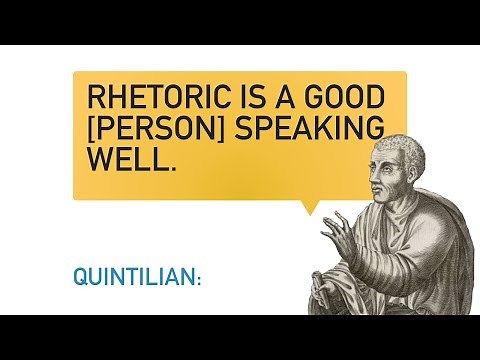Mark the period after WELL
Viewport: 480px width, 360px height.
point(173,167)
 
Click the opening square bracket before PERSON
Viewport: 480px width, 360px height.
point(92,129)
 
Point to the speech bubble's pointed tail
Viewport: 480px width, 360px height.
point(311,207)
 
